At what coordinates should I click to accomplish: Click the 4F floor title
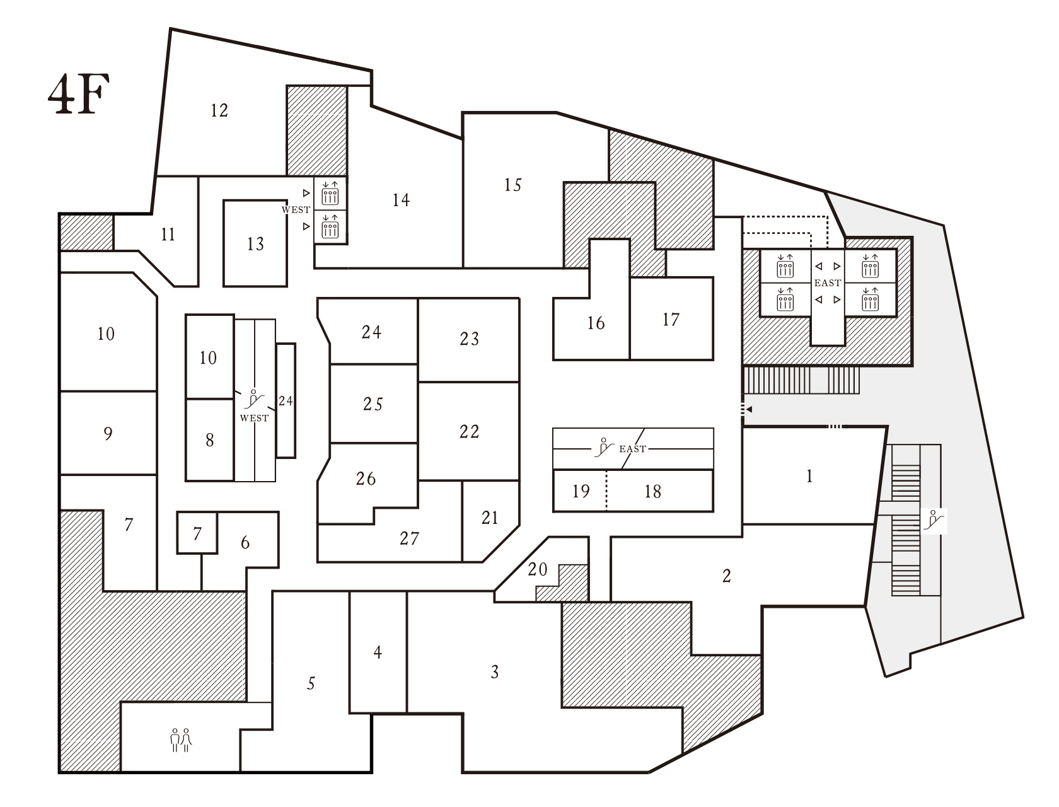(79, 94)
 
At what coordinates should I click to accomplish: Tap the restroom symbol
(181, 740)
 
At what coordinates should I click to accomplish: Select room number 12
(219, 110)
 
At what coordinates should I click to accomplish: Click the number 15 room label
(513, 185)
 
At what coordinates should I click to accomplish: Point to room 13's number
(255, 244)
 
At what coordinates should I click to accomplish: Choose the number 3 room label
(495, 672)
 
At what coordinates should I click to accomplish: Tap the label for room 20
(538, 570)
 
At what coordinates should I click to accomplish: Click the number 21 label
(490, 518)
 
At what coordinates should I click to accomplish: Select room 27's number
(409, 538)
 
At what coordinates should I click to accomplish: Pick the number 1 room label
(809, 477)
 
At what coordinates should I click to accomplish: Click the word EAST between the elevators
(828, 283)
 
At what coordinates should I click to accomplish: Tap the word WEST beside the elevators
(296, 210)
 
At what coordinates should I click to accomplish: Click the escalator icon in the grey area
(934, 521)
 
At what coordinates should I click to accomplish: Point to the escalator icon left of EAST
(605, 447)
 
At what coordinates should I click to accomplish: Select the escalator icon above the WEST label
(254, 399)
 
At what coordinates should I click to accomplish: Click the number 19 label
(581, 492)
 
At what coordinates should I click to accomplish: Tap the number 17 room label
(671, 320)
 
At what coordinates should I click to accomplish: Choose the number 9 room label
(108, 433)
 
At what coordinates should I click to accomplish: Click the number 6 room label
(245, 543)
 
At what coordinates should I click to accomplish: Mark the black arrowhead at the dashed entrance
(749, 409)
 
